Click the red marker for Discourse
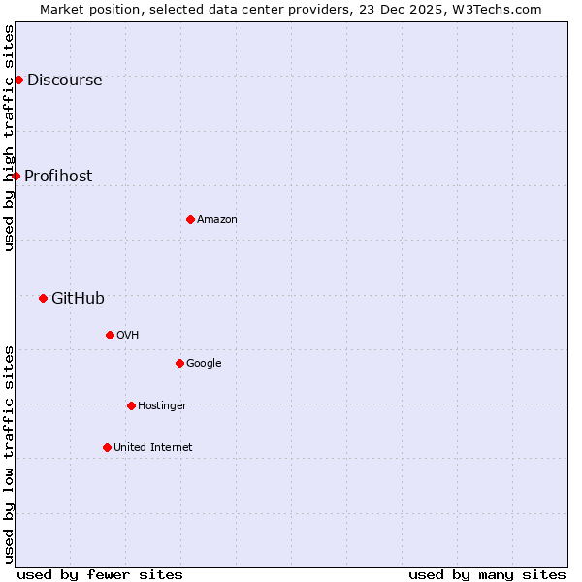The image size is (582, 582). point(18,80)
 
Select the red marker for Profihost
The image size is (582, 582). point(16,176)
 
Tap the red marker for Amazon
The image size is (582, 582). point(190,219)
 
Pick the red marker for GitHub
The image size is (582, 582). point(43,298)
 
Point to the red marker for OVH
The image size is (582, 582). point(110,335)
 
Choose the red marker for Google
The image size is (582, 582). point(179,363)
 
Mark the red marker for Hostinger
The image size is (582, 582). point(131,405)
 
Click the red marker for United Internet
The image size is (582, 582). point(107,447)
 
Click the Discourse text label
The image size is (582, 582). point(64,81)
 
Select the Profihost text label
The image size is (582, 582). point(58,177)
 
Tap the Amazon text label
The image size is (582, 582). point(217,220)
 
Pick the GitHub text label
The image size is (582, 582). point(78,299)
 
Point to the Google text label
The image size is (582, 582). point(204,364)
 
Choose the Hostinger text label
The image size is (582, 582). point(162,406)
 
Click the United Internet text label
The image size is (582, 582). point(152,448)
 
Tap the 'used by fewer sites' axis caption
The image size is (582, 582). point(100,575)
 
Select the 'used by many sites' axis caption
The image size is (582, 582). point(487,575)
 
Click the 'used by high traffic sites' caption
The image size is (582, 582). point(9,138)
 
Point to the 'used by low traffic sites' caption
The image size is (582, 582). point(9,453)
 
